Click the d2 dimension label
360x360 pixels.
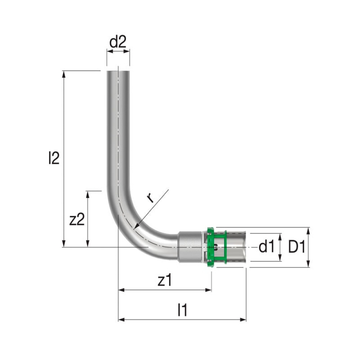[118, 42]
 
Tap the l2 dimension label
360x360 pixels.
[54, 158]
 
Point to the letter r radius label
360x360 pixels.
[150, 198]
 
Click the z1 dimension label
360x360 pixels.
[165, 280]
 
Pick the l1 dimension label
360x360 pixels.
[183, 310]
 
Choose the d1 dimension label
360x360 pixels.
[266, 247]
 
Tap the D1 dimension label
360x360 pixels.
[297, 247]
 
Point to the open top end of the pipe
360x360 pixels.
[118, 72]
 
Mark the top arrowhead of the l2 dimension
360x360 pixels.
[64, 74]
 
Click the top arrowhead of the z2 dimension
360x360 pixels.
[87, 194]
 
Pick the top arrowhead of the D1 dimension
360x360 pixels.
[309, 231]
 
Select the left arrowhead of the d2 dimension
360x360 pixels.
[110, 51]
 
